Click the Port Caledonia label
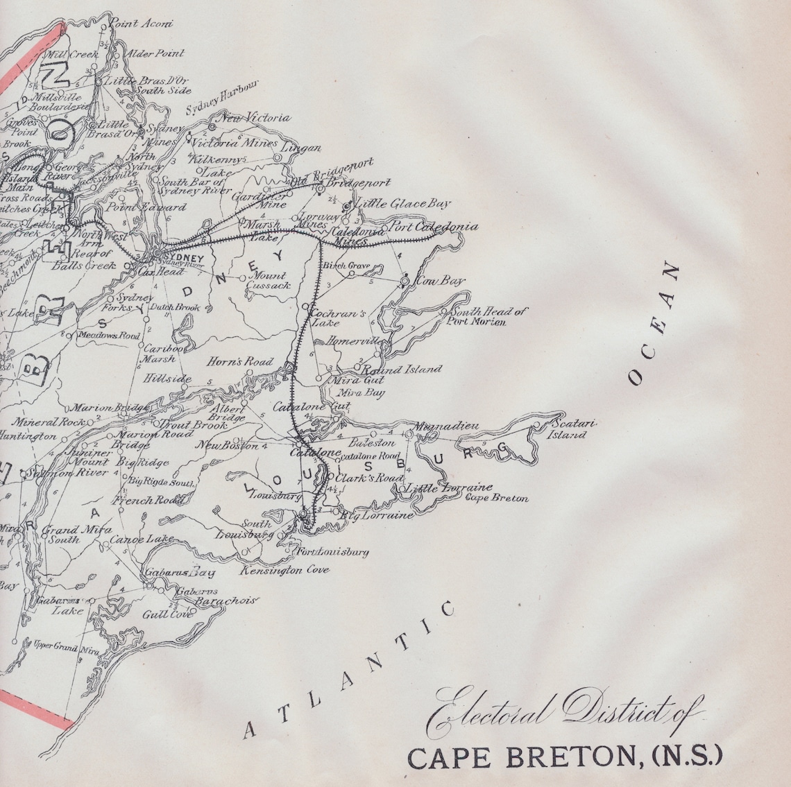(434, 227)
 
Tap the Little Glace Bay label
(402, 204)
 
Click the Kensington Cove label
(285, 570)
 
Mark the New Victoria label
(254, 119)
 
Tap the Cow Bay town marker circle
(404, 282)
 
